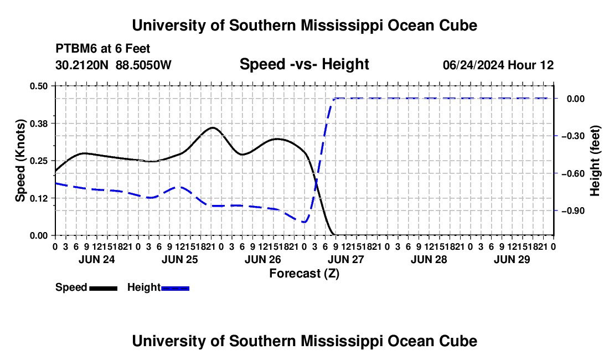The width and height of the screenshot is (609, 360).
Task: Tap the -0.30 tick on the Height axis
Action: click(572, 136)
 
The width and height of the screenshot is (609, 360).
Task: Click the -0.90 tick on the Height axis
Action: click(572, 211)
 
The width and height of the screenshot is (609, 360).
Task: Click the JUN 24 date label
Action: click(97, 259)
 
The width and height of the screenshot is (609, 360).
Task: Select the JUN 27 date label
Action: click(346, 259)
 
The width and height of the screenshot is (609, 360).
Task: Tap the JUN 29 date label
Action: click(512, 259)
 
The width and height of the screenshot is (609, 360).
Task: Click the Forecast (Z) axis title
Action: click(304, 274)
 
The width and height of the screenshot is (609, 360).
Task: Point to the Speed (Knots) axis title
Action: click(20, 161)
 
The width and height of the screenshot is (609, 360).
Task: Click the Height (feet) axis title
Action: click(595, 161)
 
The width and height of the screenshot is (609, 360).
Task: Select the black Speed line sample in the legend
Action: click(104, 288)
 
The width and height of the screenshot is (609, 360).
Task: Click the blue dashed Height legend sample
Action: click(175, 288)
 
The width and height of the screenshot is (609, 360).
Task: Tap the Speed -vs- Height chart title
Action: click(304, 64)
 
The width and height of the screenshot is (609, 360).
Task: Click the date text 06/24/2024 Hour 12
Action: click(498, 65)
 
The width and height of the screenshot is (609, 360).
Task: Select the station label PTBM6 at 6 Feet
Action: click(102, 49)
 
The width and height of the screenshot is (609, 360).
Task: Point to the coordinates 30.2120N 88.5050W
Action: click(113, 65)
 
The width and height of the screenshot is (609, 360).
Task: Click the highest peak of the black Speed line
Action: click(213, 127)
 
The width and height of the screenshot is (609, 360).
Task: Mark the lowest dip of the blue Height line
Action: click(304, 222)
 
